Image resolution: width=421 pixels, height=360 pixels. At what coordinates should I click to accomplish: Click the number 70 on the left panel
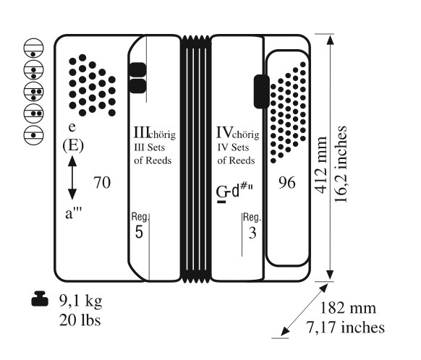coord(102,183)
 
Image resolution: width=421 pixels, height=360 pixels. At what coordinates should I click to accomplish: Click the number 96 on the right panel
coord(286,183)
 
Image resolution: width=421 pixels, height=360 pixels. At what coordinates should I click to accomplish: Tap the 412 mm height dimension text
coord(321,165)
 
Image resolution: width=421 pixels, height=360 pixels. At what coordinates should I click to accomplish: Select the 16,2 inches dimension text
coord(341,164)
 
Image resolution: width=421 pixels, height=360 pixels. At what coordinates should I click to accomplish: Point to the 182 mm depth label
coord(348,308)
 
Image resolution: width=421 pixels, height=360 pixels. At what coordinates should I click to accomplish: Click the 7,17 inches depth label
coord(346,327)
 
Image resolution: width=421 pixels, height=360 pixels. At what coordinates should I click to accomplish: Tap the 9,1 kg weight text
coord(80,301)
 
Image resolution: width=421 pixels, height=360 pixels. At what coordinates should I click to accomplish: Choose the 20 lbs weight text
coord(80,320)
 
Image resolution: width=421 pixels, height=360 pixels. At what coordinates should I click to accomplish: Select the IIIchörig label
coord(155,133)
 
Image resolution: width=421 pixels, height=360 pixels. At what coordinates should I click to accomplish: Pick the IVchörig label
coord(237,133)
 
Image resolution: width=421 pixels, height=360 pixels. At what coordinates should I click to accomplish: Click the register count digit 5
coord(139,232)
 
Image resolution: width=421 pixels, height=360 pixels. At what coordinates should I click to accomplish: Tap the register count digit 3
coord(252,233)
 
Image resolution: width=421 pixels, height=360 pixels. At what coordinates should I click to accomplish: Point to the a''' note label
coord(73,213)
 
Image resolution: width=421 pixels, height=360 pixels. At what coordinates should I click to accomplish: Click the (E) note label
coord(73,146)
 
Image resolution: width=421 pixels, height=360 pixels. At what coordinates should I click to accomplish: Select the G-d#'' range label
coord(234,192)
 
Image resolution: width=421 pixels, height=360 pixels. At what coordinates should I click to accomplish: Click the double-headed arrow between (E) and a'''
coord(72,178)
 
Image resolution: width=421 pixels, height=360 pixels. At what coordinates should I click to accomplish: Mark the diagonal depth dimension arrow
coord(305,310)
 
